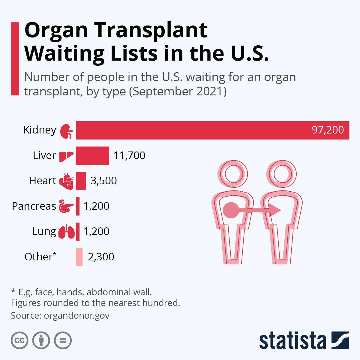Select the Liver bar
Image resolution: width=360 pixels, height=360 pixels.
(92, 156)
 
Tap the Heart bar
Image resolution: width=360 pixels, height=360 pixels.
(81, 181)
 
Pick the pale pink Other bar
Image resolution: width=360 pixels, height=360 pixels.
(79, 257)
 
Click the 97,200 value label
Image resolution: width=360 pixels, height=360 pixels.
(328, 130)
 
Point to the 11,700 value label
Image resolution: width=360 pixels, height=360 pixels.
(129, 155)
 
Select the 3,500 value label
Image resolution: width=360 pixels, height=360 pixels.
(103, 181)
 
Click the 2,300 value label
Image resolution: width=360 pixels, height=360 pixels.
(101, 257)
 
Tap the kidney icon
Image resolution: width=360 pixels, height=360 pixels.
(66, 131)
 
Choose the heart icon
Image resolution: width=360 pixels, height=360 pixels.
(66, 181)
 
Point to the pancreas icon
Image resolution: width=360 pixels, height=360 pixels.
(66, 206)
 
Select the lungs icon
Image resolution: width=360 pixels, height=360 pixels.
(66, 232)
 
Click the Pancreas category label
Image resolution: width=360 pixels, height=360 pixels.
(34, 206)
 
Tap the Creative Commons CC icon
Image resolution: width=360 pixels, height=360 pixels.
(19, 340)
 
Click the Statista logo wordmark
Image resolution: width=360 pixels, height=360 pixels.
(292, 341)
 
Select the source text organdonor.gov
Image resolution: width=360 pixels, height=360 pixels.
(76, 316)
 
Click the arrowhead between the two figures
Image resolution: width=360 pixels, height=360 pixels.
(275, 210)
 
